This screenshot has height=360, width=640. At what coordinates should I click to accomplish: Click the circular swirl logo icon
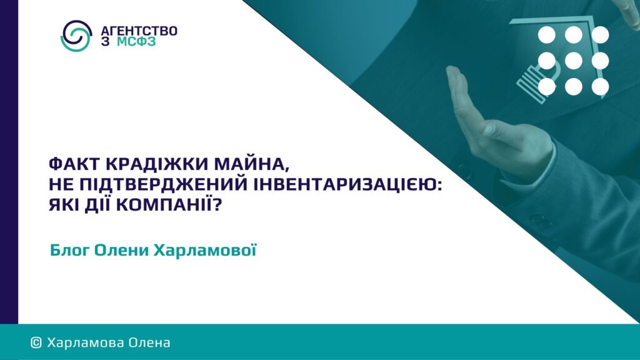click(x=76, y=36)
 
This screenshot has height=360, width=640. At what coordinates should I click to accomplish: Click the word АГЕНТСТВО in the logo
click(x=139, y=31)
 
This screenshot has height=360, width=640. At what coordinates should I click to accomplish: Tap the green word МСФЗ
click(x=136, y=42)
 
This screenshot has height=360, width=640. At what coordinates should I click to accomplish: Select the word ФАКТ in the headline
click(x=74, y=164)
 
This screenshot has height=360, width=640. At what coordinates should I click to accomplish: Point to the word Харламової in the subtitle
click(x=205, y=250)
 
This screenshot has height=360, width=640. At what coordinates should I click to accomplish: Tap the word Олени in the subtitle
click(x=121, y=250)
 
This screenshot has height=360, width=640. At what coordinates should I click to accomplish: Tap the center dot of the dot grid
click(x=574, y=61)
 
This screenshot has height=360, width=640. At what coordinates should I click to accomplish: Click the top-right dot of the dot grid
click(x=600, y=35)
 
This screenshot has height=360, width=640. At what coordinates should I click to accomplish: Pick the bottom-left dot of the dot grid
click(x=547, y=86)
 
